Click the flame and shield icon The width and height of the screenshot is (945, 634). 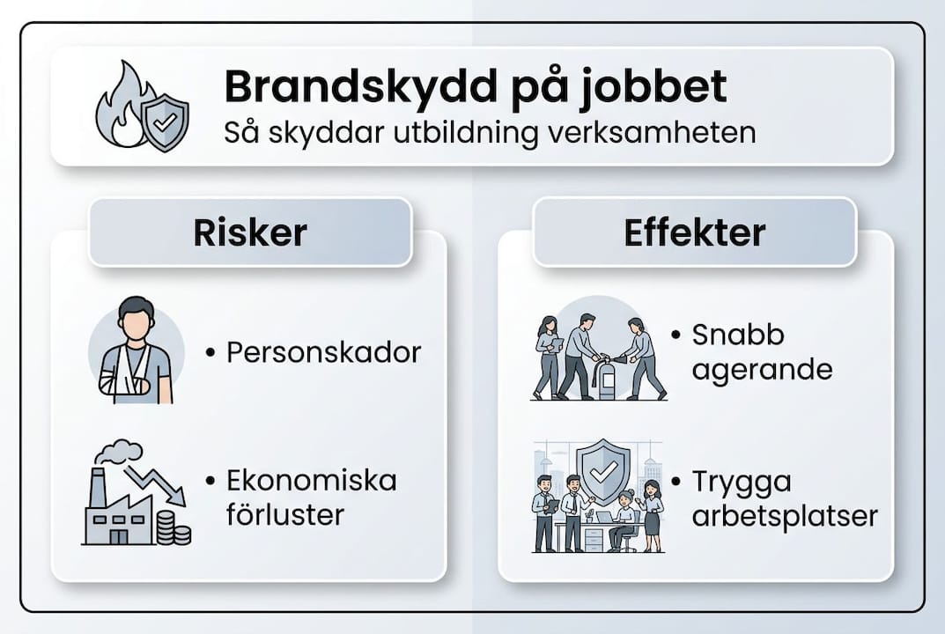point(141,107)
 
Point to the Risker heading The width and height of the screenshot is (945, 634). point(250,232)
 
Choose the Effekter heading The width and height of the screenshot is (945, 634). point(694,232)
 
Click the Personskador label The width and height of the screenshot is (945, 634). point(324,352)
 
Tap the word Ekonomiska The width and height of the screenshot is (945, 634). point(312,481)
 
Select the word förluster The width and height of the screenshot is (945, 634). point(284,513)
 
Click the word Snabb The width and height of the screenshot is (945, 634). point(737,335)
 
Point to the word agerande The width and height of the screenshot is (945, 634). point(762,369)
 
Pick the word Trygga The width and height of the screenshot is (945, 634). point(742,483)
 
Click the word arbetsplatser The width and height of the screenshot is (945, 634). point(785,515)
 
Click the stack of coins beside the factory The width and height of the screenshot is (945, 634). point(173,528)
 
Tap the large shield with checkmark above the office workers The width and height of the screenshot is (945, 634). point(602,472)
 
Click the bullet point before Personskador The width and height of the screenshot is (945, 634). point(210,353)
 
